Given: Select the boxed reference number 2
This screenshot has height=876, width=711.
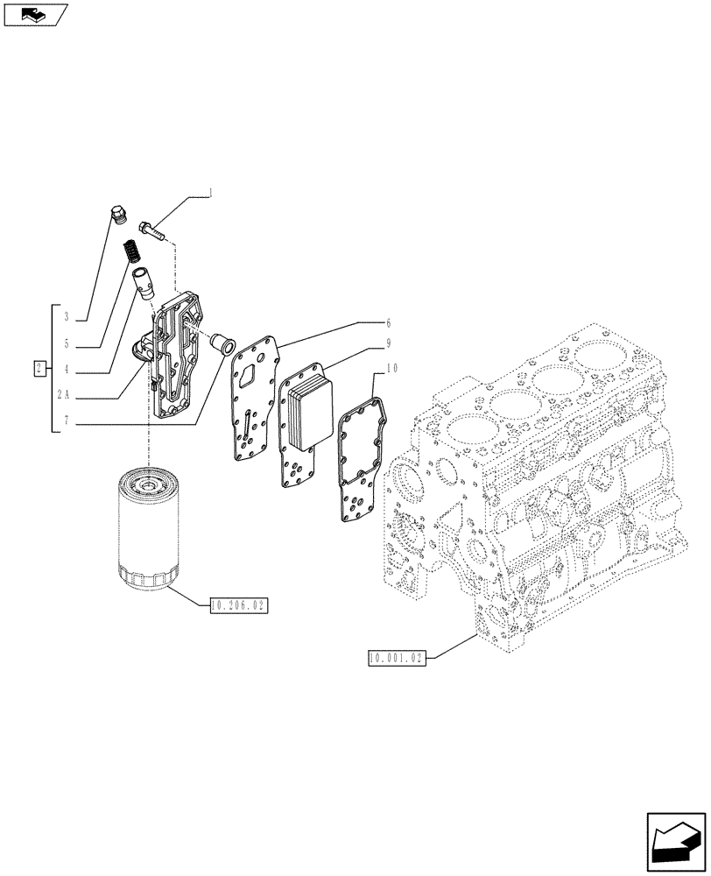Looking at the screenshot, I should pyautogui.click(x=40, y=368).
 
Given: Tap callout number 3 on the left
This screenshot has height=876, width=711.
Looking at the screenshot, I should pyautogui.click(x=66, y=315).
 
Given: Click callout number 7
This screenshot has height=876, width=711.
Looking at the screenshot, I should pyautogui.click(x=66, y=421).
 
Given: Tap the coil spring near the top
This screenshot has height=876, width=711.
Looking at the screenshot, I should pyautogui.click(x=131, y=251).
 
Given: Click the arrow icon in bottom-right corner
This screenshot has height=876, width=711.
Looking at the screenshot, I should pyautogui.click(x=676, y=841).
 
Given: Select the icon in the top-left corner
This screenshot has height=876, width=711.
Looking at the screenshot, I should pyautogui.click(x=34, y=14).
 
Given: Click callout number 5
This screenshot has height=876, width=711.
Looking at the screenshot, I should pyautogui.click(x=66, y=343).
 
